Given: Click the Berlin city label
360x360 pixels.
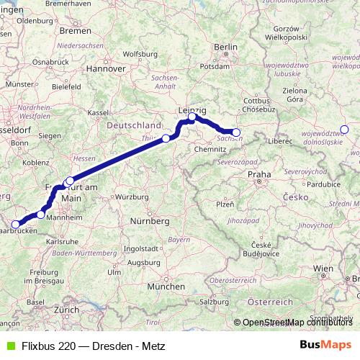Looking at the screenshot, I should (x=225, y=48).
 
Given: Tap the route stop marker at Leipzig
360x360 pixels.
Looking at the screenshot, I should (x=192, y=117).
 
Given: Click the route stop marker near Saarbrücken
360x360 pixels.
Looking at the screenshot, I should (x=15, y=224).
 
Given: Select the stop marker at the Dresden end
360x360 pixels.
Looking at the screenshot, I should (x=236, y=132).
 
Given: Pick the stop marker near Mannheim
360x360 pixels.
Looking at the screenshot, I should (x=41, y=214).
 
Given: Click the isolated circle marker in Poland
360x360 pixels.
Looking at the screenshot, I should (x=344, y=130).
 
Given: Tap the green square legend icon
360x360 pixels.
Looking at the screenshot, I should (x=8, y=345).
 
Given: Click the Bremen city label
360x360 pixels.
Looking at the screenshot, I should (x=76, y=31).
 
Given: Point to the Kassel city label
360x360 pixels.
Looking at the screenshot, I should (x=97, y=113).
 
